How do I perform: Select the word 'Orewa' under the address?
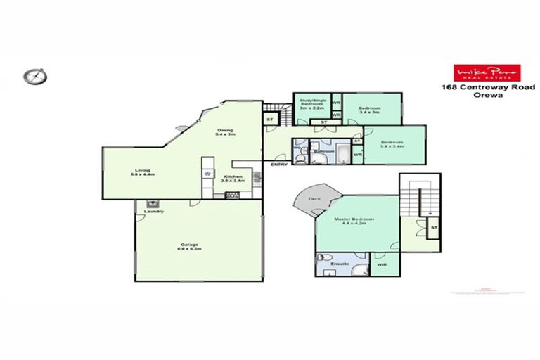(480, 97)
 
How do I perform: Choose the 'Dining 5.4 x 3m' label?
(225, 131)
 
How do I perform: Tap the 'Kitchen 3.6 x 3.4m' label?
(233, 179)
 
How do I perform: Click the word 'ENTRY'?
(278, 165)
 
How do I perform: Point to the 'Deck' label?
(315, 199)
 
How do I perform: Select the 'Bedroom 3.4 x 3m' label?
(369, 110)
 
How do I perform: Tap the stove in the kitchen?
(232, 195)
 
